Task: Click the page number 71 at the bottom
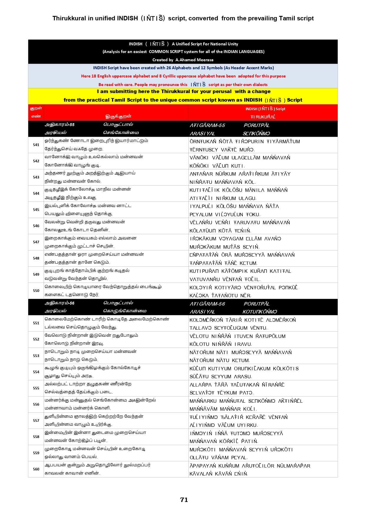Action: click(x=184, y=500)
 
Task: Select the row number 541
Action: click(x=36, y=145)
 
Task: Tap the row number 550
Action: click(x=36, y=291)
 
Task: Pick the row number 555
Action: click(x=36, y=388)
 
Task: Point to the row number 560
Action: click(x=36, y=469)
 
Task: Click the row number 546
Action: click(x=36, y=226)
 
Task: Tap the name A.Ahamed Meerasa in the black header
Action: click(x=194, y=60)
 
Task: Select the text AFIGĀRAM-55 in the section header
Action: click(x=207, y=125)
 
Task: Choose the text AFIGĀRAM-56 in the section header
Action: click(x=207, y=304)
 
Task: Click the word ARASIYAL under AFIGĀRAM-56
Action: click(x=202, y=312)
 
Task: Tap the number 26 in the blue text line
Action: click(x=169, y=68)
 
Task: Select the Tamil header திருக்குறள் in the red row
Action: click(x=118, y=116)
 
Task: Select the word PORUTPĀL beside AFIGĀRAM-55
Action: click(x=257, y=125)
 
